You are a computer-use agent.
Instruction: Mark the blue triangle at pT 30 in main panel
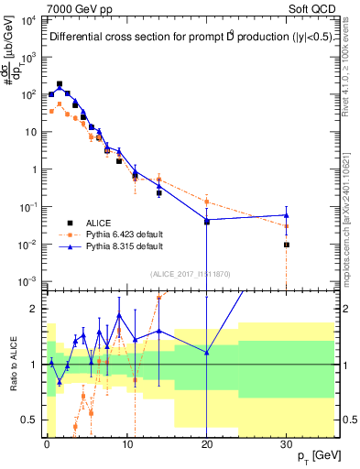click(x=287, y=215)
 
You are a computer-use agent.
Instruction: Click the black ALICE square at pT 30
click(x=287, y=245)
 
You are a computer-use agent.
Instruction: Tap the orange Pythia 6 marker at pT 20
click(x=207, y=202)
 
